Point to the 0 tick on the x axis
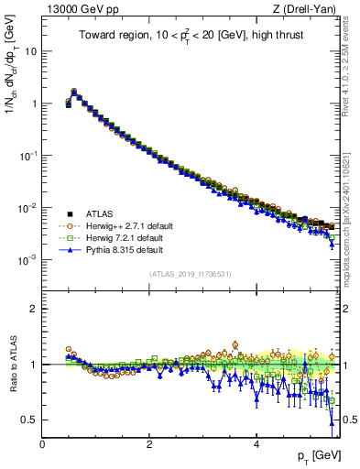[x=42, y=443]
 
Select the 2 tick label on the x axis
[x=149, y=443]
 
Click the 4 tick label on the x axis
[x=256, y=443]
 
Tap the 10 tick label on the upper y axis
[x=30, y=51]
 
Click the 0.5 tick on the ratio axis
[x=29, y=420]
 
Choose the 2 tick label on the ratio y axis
[x=34, y=309]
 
